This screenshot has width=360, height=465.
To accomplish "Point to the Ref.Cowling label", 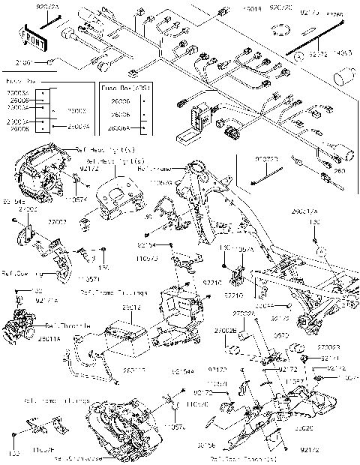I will pos(20,273).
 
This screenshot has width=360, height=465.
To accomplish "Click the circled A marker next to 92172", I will pos(298,56).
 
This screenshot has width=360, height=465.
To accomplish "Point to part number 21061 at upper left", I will pos(25,62).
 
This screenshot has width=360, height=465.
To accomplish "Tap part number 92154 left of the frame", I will pos(147,245).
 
